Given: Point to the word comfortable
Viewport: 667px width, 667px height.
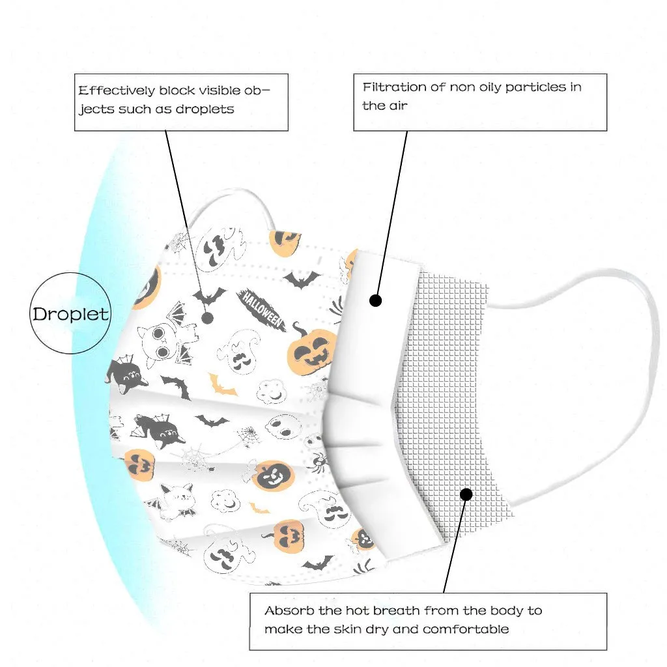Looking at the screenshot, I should pos(466,629).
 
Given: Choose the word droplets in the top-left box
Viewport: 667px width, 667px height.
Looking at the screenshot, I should pos(204,109).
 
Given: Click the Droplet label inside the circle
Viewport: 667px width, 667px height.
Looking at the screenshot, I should pos(70,314).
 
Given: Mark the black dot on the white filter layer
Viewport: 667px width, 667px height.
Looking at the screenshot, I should pos(375,300).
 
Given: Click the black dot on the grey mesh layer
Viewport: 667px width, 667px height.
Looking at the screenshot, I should pos(466,494).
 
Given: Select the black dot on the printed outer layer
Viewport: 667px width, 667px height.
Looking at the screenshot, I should pos(208,318).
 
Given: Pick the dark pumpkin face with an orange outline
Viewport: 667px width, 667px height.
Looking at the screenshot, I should pos(274,476).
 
